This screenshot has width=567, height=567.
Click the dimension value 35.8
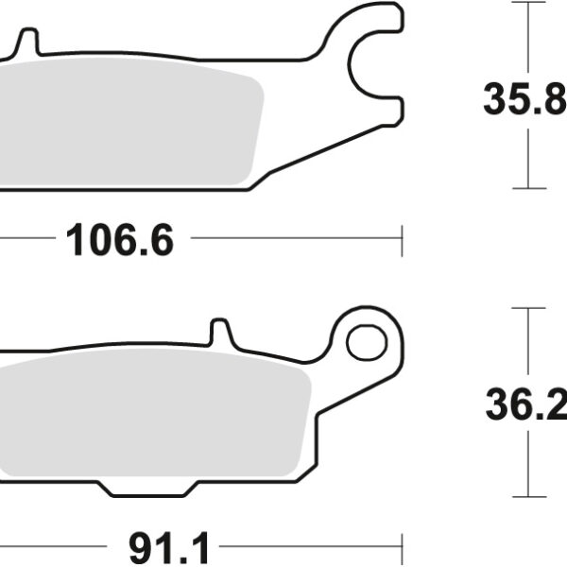[x=524, y=99]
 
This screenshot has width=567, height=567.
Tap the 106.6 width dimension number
[x=120, y=242]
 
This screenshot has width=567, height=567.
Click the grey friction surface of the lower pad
[x=151, y=416]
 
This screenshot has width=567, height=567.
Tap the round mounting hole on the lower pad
[x=366, y=341]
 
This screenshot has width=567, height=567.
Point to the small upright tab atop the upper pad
[x=28, y=42]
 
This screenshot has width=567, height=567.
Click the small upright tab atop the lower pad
[x=219, y=333]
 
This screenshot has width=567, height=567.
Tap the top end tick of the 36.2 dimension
[x=529, y=308]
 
